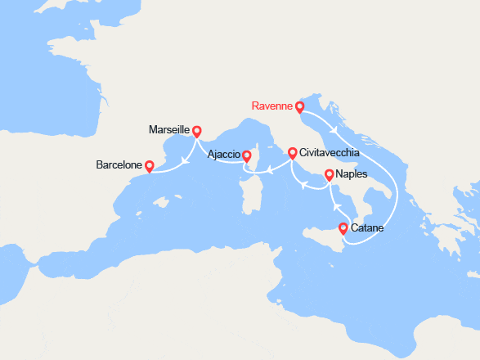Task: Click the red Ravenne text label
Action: pyautogui.click(x=271, y=106)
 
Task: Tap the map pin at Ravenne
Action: pyautogui.click(x=299, y=106)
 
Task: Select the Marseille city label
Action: pyautogui.click(x=169, y=130)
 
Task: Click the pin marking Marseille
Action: pyautogui.click(x=196, y=130)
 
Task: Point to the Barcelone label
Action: pyautogui.click(x=119, y=164)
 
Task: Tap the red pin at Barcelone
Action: pyautogui.click(x=149, y=165)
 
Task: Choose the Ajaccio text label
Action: pyautogui.click(x=219, y=154)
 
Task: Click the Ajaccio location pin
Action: pyautogui.click(x=246, y=155)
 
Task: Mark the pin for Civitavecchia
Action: pyautogui.click(x=292, y=152)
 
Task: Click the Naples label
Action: pyautogui.click(x=352, y=174)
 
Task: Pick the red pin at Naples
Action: pyautogui.click(x=329, y=174)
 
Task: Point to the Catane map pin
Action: pyautogui.click(x=343, y=229)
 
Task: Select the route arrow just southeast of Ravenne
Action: pyautogui.click(x=332, y=129)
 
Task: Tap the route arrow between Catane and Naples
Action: pyautogui.click(x=332, y=207)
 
